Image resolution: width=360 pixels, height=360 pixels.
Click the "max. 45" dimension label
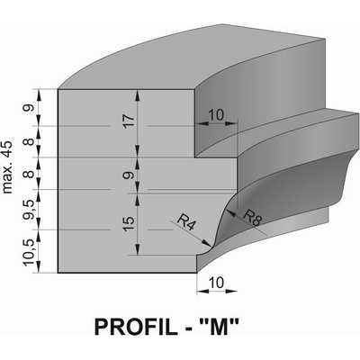pyautogui.click(x=7, y=166)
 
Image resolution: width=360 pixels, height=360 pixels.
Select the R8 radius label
pyautogui.click(x=252, y=218)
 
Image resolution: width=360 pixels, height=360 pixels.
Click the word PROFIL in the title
pyautogui.click(x=136, y=327)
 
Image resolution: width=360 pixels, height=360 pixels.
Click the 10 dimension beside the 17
pyautogui.click(x=216, y=115)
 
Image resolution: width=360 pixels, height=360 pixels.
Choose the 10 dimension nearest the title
pyautogui.click(x=216, y=283)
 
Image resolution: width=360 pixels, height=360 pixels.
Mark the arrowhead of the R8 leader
pyautogui.click(x=230, y=211)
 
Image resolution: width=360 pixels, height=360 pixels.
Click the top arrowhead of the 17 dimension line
pyautogui.click(x=138, y=94)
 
